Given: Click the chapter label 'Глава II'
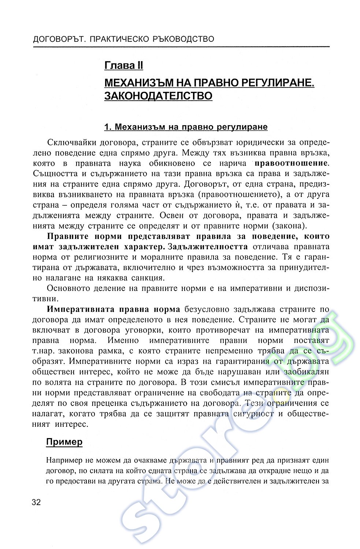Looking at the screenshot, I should (x=123, y=66).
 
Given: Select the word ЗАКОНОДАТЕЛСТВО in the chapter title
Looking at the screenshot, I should (x=158, y=96).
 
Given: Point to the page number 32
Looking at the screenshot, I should (x=36, y=501).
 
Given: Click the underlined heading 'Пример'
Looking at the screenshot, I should (x=64, y=442).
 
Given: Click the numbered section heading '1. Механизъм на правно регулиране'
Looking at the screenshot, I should (x=186, y=127).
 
